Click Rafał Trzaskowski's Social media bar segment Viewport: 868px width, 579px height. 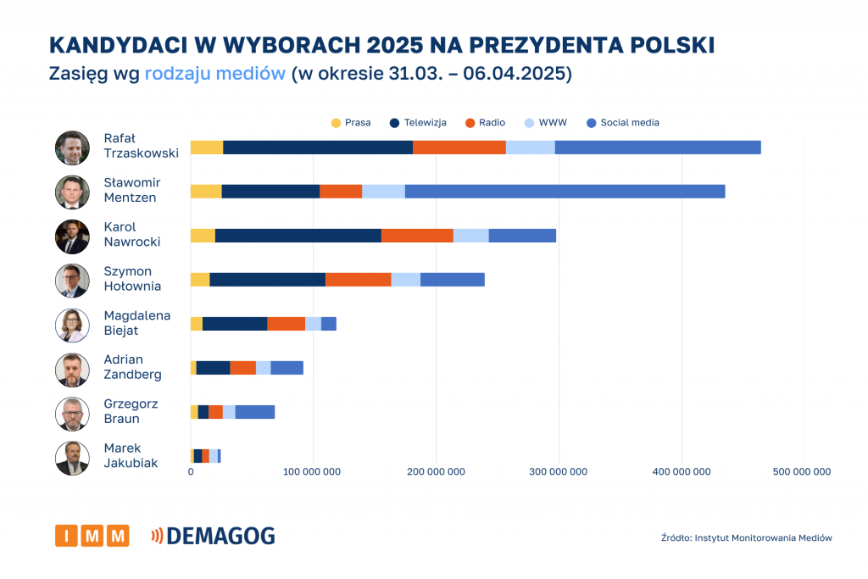(x=658, y=148)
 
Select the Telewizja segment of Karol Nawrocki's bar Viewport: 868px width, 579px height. (x=298, y=236)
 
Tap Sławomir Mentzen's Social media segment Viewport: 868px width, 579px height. (x=565, y=192)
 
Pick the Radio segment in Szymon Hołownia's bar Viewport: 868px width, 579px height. (x=358, y=280)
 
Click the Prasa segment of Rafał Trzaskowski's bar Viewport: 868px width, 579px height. (x=207, y=148)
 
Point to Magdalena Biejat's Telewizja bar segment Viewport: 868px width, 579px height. (x=235, y=324)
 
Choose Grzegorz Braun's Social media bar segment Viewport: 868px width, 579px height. (x=255, y=412)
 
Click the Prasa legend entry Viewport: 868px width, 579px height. (x=351, y=123)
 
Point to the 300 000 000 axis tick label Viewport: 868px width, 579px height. (x=559, y=472)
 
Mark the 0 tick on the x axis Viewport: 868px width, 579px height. (x=191, y=472)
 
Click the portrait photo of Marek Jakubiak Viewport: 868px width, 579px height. (x=72, y=458)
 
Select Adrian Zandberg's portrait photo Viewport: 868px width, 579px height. (x=72, y=370)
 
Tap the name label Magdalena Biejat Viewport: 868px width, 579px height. (x=136, y=323)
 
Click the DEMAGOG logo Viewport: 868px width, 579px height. (x=213, y=536)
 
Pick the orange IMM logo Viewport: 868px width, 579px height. (x=92, y=536)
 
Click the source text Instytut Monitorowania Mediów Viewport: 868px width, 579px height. (x=746, y=538)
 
